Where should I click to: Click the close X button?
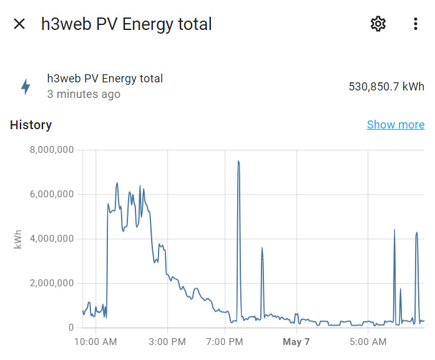[19, 24]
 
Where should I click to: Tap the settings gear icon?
[378, 24]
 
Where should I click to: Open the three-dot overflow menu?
[416, 24]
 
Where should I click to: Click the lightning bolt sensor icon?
[26, 87]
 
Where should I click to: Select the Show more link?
[396, 125]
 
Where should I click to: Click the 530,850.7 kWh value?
[386, 87]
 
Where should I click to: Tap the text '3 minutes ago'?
[84, 95]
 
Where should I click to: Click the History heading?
[31, 125]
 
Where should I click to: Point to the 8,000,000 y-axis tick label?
[52, 150]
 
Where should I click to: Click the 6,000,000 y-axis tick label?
[52, 194]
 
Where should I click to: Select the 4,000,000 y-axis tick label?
[52, 238]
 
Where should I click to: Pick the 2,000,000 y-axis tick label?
[52, 283]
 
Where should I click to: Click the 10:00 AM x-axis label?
[95, 342]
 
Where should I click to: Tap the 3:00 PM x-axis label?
[168, 342]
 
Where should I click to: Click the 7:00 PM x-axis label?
[225, 342]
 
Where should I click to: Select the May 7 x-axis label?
[296, 342]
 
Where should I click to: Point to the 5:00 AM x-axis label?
[368, 342]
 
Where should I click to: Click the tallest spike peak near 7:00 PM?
[238, 162]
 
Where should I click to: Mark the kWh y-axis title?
[17, 239]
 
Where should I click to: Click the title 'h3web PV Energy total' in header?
[127, 24]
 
